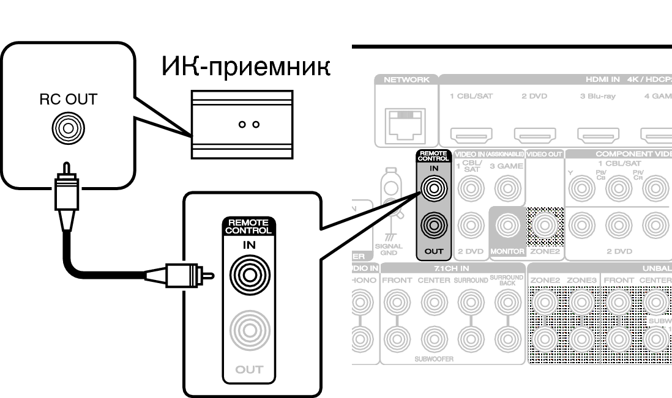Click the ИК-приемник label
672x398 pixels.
pos(245,66)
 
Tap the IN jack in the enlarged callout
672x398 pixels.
pos(248,275)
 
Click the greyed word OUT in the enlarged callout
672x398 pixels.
pos(248,369)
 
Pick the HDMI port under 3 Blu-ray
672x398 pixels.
pos(598,133)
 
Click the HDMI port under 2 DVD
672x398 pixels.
pos(534,133)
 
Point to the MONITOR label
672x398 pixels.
pos(507,251)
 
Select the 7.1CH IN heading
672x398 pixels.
pos(452,268)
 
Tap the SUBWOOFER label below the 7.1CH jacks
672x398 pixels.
pos(433,359)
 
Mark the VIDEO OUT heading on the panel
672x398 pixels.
pos(544,154)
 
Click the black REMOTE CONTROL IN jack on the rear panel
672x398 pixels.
pos(433,190)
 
